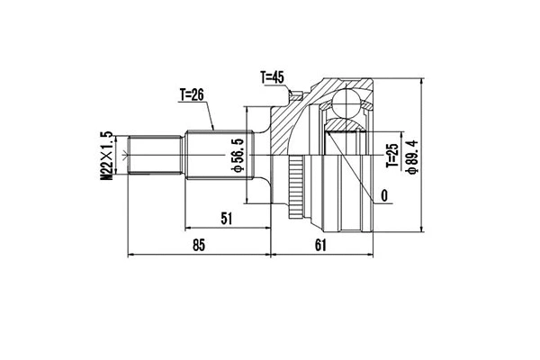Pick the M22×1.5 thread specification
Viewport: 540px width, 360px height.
point(106,157)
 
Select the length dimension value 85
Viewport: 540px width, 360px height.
point(199,245)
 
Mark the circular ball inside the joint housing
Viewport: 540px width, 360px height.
point(346,103)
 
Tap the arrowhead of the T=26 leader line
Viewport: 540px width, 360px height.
point(213,131)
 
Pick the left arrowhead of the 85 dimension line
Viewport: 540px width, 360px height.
point(133,255)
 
